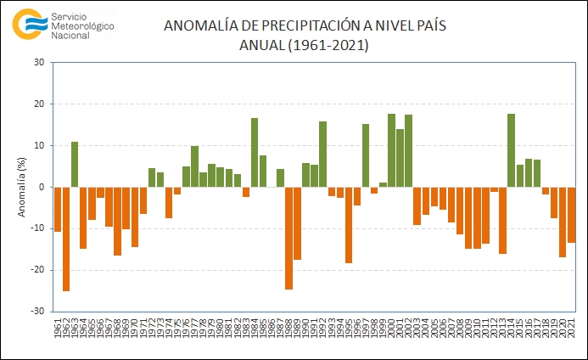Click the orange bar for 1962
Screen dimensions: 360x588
click(66, 239)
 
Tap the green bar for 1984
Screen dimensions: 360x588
click(255, 153)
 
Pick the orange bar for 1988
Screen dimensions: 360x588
click(288, 238)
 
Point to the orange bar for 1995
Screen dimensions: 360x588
click(349, 225)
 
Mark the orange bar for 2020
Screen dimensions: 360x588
click(563, 222)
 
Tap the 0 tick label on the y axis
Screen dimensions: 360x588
click(42, 187)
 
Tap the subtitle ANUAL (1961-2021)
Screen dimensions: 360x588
click(304, 45)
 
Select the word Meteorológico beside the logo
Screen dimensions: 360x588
click(82, 26)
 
